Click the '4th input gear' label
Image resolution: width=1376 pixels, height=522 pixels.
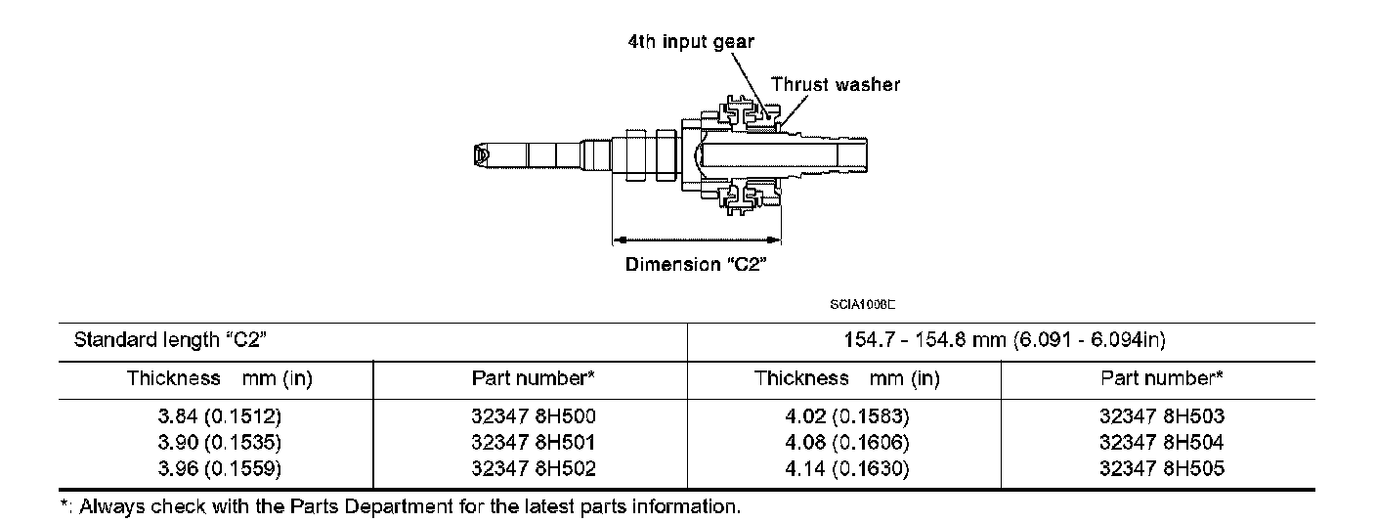[x=691, y=42]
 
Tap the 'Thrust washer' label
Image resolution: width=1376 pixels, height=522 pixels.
[x=836, y=84]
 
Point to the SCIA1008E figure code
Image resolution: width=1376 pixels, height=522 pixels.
[x=863, y=305]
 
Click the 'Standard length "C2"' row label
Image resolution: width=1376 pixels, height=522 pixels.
[x=171, y=341]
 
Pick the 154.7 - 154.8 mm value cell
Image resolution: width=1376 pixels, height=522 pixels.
[x=1002, y=341]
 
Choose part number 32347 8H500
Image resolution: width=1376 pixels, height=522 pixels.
[x=533, y=416]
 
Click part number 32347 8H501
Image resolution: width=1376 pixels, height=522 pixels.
[x=533, y=443]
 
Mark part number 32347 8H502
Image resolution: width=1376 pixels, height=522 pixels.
[x=533, y=469]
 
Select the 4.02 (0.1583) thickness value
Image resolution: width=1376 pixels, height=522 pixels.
[x=846, y=416]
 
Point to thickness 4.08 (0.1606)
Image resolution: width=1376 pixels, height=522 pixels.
[x=846, y=443]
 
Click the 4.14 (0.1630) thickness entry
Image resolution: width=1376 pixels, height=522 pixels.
[x=846, y=469]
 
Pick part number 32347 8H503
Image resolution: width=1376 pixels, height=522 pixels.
[x=1162, y=416]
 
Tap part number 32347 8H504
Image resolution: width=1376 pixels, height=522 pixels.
[x=1162, y=443]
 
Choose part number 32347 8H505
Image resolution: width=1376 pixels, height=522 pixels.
[x=1162, y=469]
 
